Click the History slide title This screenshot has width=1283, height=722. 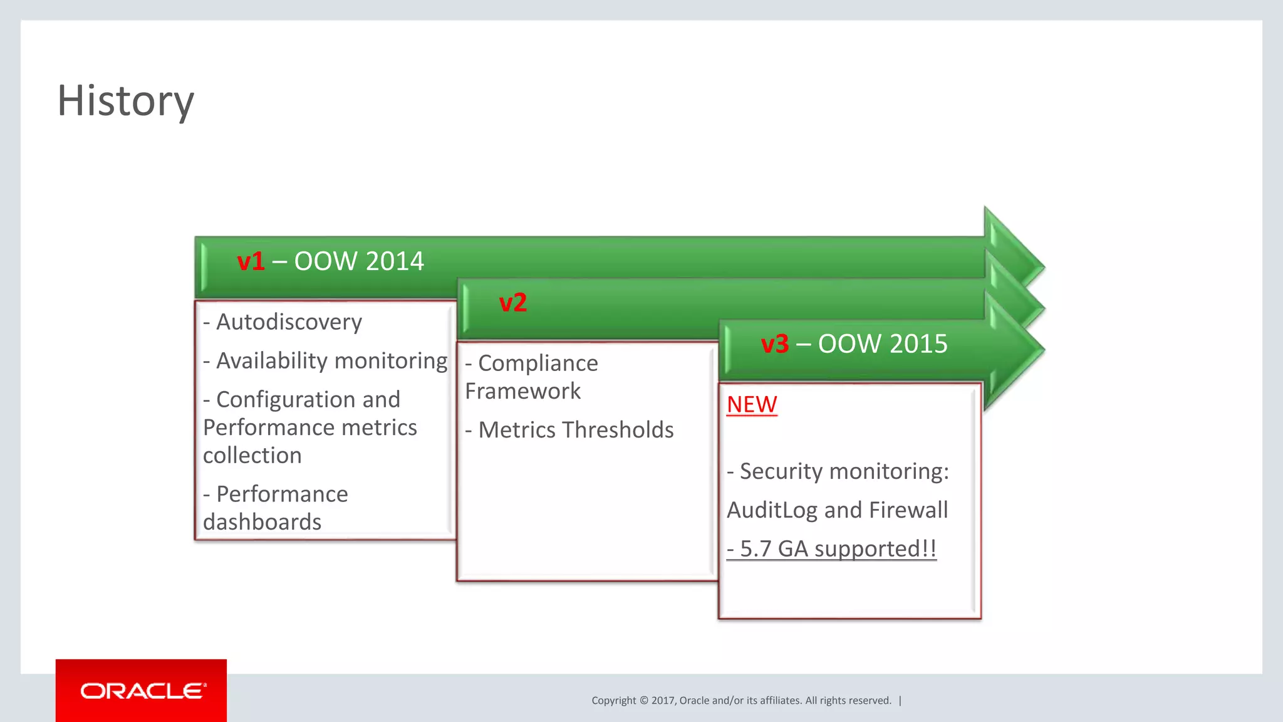click(125, 101)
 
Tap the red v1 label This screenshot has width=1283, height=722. click(251, 261)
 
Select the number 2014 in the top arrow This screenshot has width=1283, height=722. click(395, 261)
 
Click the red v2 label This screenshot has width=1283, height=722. click(512, 303)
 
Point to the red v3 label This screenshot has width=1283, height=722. click(774, 344)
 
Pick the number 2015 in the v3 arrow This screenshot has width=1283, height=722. click(918, 344)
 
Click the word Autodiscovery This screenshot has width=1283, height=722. click(289, 322)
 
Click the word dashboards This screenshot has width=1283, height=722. click(262, 522)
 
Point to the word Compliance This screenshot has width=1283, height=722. click(538, 364)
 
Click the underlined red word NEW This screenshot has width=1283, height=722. click(752, 405)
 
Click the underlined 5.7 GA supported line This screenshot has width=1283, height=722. click(831, 549)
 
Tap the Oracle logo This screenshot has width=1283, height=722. click(142, 691)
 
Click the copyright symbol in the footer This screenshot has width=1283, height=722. click(643, 701)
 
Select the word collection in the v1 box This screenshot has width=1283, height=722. click(252, 456)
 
